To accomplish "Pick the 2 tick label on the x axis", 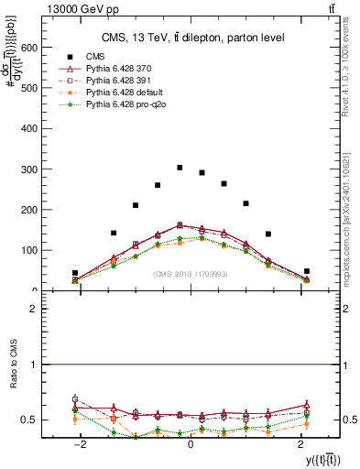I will tap(301, 444).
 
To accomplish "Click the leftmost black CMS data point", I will tap(75, 273).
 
